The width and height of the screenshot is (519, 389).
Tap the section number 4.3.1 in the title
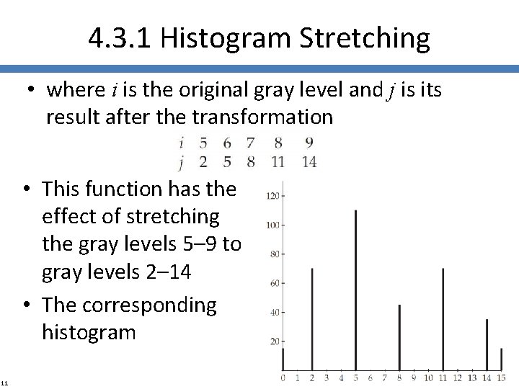tap(120, 38)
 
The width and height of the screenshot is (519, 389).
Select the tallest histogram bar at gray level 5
tap(355, 288)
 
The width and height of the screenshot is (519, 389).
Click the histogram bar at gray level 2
tap(311, 317)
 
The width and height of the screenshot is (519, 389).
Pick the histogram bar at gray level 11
tap(443, 317)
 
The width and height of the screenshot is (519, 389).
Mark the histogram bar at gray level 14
tap(487, 343)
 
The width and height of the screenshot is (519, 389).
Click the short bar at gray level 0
tap(283, 359)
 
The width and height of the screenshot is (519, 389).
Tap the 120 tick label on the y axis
tap(272, 196)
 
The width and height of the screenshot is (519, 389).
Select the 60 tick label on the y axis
tap(274, 283)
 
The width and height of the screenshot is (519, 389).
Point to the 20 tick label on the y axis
tap(274, 341)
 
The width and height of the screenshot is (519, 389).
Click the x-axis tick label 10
tap(427, 377)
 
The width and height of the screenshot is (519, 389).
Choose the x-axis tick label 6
tap(370, 377)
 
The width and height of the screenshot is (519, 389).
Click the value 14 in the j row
tap(309, 161)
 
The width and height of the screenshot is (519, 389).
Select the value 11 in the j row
tap(278, 161)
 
